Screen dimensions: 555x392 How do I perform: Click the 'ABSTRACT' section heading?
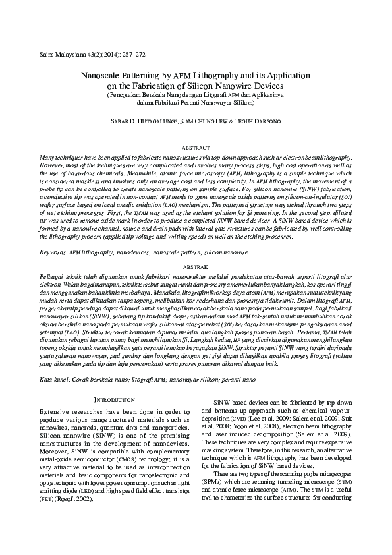pos(196,149)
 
